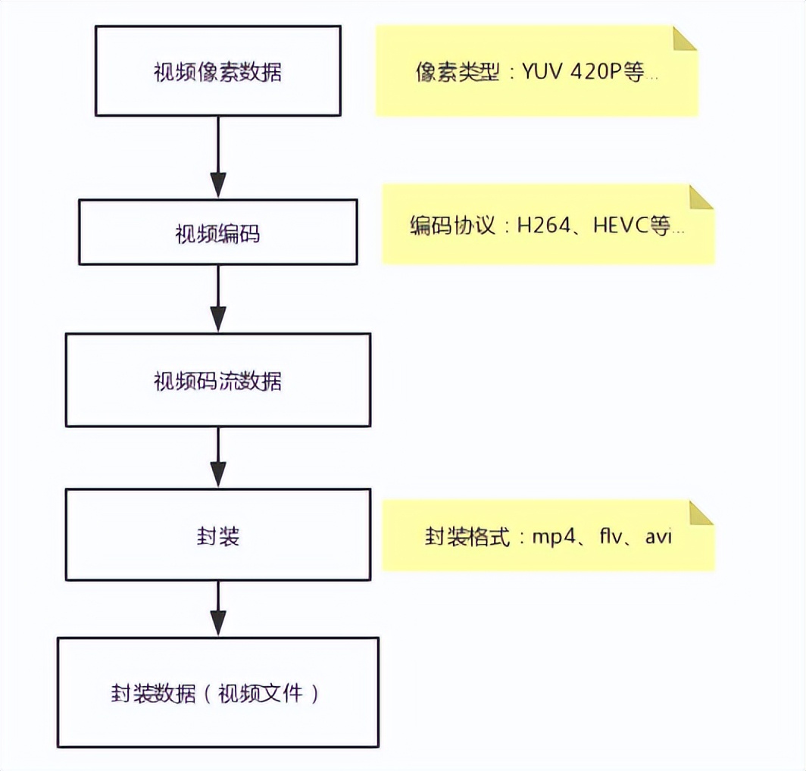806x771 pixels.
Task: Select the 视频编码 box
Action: pyautogui.click(x=217, y=233)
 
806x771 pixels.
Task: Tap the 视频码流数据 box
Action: pyautogui.click(x=217, y=381)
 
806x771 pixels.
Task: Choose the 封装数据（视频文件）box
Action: pyautogui.click(x=217, y=693)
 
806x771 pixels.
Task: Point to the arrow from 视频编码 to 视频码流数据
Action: pyautogui.click(x=218, y=299)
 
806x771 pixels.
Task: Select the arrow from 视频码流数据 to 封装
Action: pyautogui.click(x=218, y=457)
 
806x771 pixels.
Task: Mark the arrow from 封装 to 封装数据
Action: pyautogui.click(x=218, y=610)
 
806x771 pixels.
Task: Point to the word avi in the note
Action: pyautogui.click(x=658, y=538)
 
